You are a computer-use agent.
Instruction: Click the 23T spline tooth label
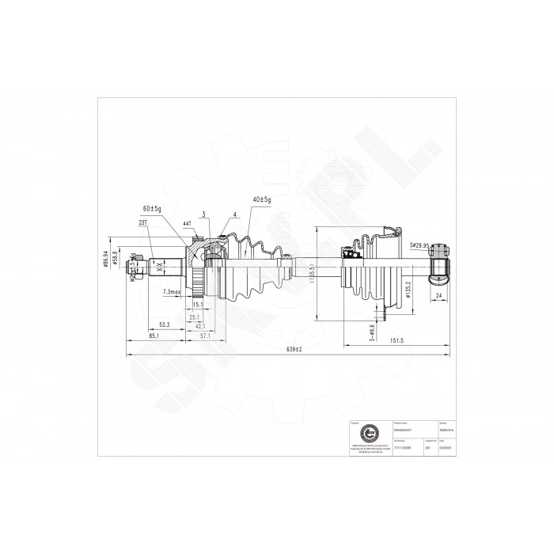pos(142,223)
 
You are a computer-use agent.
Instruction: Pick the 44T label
pos(187,224)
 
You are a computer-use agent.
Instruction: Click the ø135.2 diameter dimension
pos(409,290)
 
